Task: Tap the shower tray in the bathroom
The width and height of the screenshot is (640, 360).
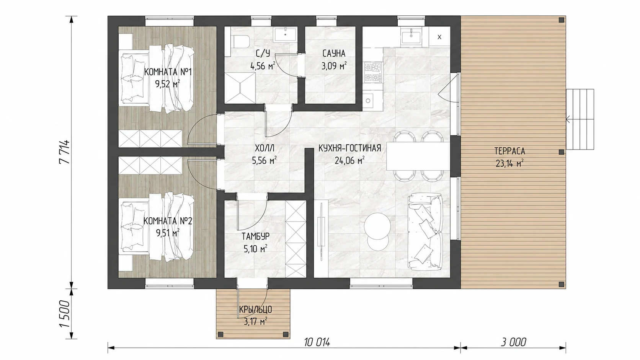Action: (240, 88)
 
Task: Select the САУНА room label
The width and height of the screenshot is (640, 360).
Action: (334, 54)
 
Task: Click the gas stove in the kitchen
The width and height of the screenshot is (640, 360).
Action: (373, 73)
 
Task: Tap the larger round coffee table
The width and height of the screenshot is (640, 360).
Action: (377, 226)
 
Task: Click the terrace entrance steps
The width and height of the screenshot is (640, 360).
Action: (580, 119)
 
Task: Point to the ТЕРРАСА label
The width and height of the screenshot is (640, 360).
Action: (510, 151)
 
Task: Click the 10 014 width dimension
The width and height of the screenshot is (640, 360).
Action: (317, 342)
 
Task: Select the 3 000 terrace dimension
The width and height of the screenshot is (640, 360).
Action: (513, 342)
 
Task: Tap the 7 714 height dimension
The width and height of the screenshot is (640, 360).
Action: (64, 151)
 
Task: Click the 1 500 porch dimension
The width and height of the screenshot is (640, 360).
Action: (64, 314)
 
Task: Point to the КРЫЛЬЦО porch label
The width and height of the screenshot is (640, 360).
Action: (255, 310)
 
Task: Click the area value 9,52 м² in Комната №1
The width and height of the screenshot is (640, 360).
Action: (167, 84)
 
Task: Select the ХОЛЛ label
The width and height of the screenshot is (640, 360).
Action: (264, 148)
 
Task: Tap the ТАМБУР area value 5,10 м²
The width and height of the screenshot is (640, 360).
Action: (255, 249)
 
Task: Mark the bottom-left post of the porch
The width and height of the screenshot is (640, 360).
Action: (220, 334)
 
